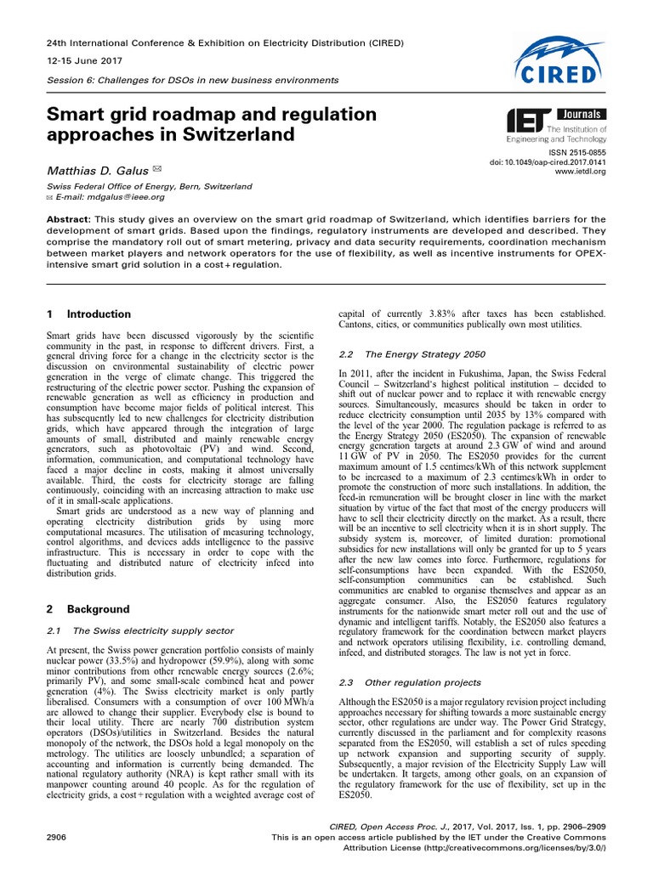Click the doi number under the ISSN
(x=559, y=161)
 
